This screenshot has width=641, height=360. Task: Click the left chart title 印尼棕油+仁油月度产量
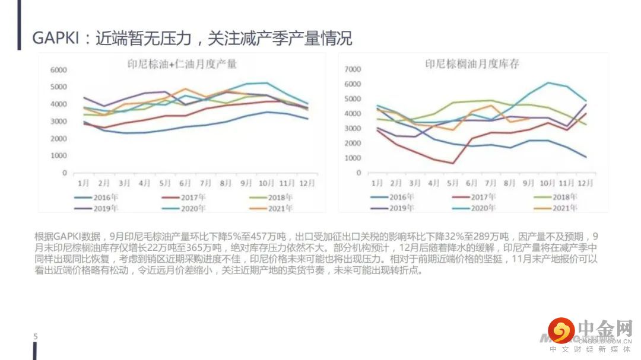(182, 63)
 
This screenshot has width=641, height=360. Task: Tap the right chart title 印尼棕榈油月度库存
(472, 63)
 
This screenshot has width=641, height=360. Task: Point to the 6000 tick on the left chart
(58, 70)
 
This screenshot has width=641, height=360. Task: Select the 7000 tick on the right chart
(353, 69)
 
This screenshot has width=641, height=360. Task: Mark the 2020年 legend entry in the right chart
(477, 208)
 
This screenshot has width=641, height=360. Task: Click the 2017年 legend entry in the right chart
(477, 197)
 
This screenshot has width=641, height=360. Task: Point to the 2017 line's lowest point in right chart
(453, 163)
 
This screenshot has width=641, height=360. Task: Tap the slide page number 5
(35, 337)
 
